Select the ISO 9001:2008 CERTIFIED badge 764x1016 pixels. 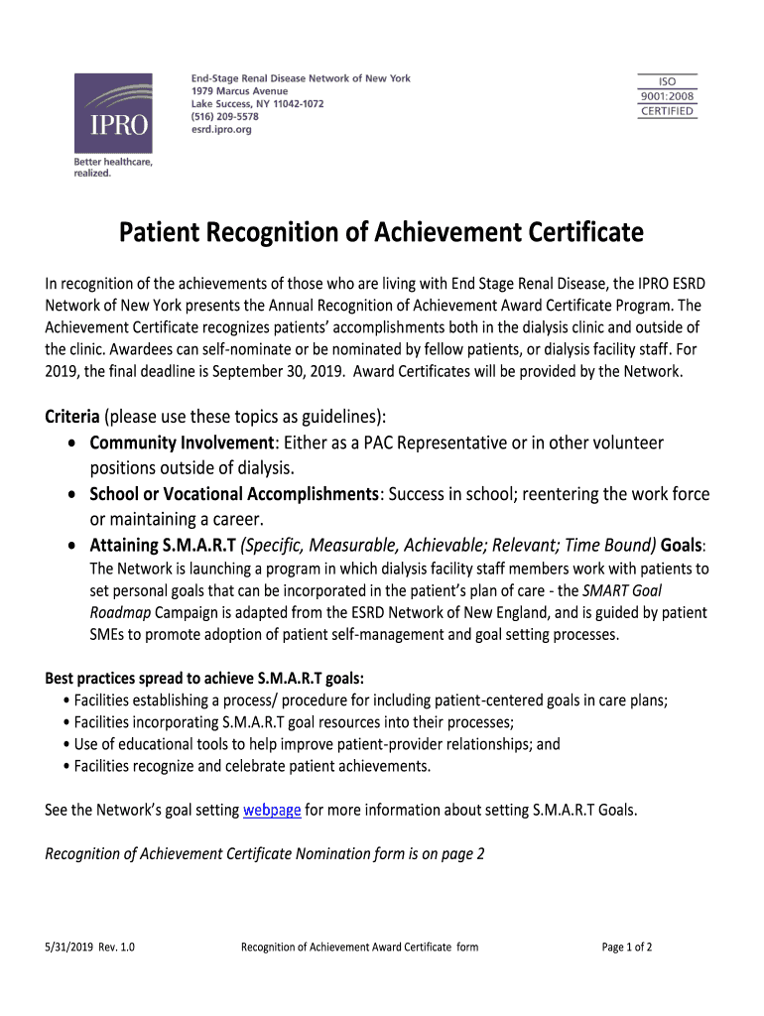668,96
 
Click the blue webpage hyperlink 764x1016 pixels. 272,810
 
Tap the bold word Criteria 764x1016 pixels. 72,415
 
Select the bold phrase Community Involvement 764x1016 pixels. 182,442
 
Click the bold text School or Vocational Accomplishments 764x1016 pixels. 234,494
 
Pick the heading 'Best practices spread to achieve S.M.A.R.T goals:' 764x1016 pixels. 204,679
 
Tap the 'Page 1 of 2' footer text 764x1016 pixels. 627,947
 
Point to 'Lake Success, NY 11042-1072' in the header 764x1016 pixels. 257,103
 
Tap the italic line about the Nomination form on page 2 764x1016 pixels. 265,853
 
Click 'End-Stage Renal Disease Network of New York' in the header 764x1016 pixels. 300,78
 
